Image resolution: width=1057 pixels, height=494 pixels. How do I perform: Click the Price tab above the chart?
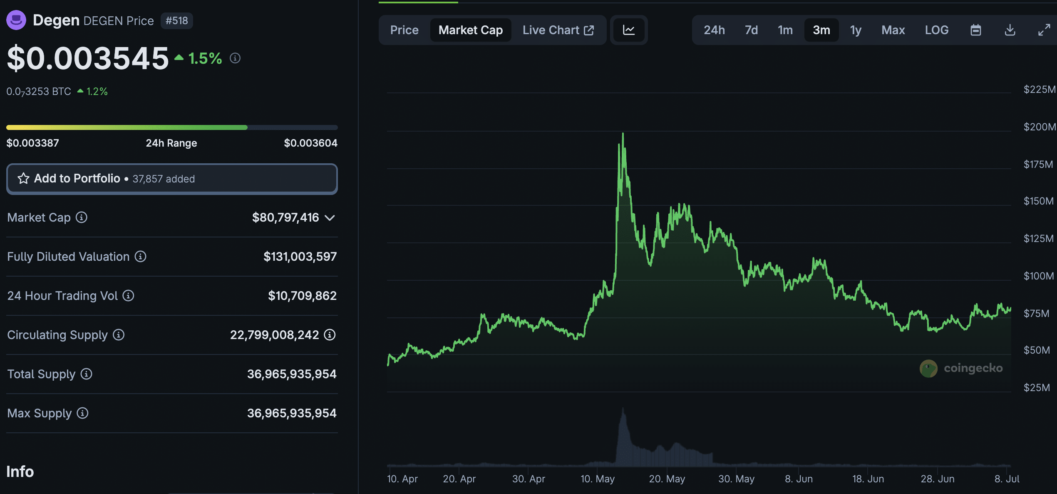(404, 30)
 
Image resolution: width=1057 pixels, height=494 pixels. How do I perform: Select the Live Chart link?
(558, 30)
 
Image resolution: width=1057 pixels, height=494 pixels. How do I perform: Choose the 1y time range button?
(856, 30)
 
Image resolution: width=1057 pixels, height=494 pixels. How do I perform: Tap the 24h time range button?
(714, 30)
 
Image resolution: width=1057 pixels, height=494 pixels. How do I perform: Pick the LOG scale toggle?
(936, 30)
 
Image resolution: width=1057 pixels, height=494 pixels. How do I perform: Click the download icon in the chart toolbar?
(1010, 30)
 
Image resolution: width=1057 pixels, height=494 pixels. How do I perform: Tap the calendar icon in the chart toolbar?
(976, 30)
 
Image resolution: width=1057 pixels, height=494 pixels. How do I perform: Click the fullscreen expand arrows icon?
(1044, 30)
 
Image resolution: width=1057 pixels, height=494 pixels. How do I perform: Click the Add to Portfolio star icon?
(23, 179)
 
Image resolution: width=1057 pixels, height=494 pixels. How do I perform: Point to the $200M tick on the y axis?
(1039, 127)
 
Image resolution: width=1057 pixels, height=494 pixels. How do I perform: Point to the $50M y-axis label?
(1037, 350)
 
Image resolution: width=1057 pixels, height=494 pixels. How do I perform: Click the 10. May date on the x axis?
(598, 479)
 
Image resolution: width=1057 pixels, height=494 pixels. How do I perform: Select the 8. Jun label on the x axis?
(799, 479)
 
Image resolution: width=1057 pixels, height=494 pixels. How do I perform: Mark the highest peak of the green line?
(623, 133)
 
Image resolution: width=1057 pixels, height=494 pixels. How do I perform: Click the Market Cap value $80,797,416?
(285, 217)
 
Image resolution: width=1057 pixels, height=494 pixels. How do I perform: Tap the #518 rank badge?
(177, 20)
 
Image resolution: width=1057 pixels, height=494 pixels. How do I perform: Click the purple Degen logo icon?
(16, 20)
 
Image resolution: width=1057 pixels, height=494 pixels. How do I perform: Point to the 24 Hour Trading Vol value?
(302, 296)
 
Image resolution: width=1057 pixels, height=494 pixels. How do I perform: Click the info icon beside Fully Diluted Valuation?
(141, 257)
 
